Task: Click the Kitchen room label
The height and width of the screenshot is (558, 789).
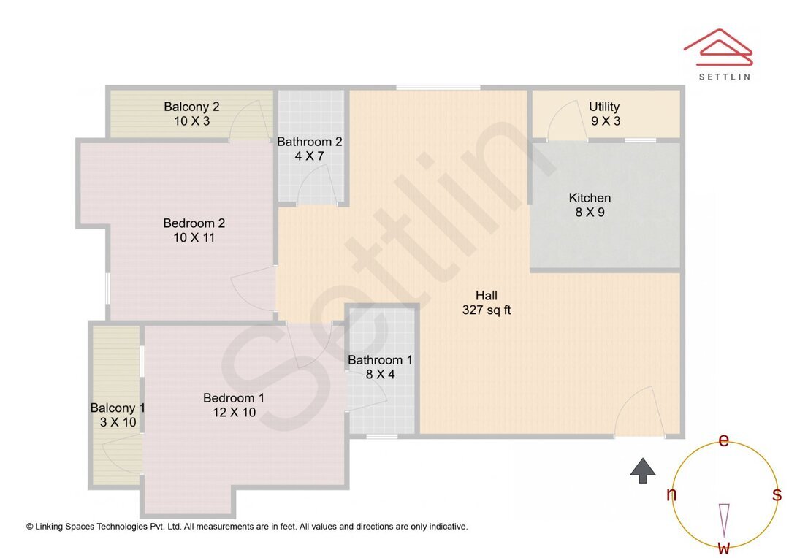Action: [x=590, y=198]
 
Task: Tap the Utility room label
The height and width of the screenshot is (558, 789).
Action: [x=604, y=107]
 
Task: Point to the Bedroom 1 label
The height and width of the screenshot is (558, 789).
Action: [x=233, y=398]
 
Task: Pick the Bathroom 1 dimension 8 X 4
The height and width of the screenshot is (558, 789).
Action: [x=380, y=374]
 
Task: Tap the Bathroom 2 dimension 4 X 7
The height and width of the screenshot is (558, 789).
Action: [x=309, y=156]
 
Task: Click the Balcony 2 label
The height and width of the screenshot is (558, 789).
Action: [x=191, y=107]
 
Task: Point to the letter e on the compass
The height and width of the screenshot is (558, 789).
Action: [x=723, y=440]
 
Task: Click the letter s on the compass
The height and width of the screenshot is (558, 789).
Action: [x=777, y=494]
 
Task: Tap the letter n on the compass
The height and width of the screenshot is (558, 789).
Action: [x=671, y=495]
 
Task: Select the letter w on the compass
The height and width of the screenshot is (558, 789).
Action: [x=723, y=547]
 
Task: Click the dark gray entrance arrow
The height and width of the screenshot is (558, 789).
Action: [x=643, y=470]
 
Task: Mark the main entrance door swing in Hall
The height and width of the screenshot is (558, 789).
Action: [x=639, y=413]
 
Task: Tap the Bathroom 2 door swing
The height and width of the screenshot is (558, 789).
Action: [x=317, y=184]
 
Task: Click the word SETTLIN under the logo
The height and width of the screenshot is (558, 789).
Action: [x=725, y=77]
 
